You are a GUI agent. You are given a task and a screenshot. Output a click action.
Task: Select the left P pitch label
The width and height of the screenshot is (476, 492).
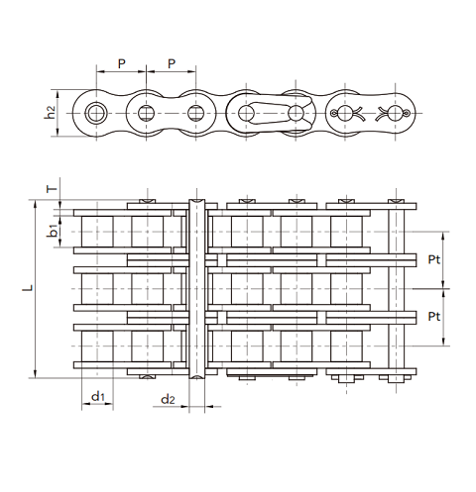121,64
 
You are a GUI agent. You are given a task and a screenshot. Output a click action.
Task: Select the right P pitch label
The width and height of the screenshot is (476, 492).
171,64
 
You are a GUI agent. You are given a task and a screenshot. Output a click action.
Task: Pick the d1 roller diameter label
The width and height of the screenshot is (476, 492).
97,397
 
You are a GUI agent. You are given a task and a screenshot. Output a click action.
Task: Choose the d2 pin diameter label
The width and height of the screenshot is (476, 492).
168,400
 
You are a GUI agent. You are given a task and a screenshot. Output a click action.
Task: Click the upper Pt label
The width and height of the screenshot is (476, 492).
434,260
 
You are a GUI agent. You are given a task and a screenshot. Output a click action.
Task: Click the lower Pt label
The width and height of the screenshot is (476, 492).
434,317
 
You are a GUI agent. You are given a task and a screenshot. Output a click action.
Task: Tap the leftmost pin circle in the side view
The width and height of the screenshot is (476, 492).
96,112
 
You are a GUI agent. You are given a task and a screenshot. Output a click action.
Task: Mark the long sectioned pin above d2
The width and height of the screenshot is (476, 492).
197,288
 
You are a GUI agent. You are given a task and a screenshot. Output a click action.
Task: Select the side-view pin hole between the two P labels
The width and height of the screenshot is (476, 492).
146,112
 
